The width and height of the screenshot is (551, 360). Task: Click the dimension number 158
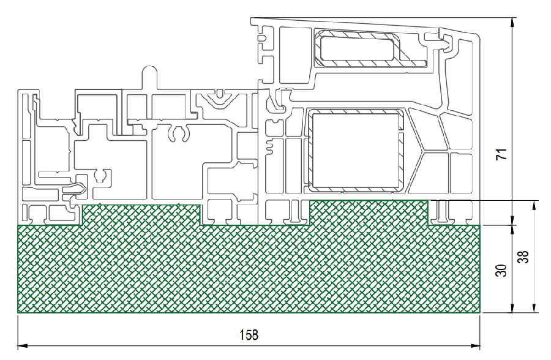pyautogui.click(x=249, y=335)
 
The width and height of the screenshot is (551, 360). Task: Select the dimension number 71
pyautogui.click(x=502, y=154)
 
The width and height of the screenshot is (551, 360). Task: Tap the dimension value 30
pyautogui.click(x=502, y=271)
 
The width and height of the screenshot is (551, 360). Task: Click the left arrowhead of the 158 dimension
pyautogui.click(x=23, y=346)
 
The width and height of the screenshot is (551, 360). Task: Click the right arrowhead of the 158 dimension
pyautogui.click(x=476, y=346)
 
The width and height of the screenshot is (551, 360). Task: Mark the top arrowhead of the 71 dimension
pyautogui.click(x=513, y=22)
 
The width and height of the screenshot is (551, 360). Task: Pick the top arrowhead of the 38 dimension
pyautogui.click(x=534, y=206)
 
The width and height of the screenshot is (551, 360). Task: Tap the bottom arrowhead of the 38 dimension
pyautogui.click(x=534, y=307)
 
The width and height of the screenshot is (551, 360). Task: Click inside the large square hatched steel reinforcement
pyautogui.click(x=356, y=151)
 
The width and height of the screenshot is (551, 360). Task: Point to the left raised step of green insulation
pyautogui.click(x=141, y=214)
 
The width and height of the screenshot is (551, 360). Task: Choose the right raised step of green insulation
pyautogui.click(x=369, y=212)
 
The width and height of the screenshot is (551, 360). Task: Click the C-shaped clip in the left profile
pyautogui.click(x=179, y=133)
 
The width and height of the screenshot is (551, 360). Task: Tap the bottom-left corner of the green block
pyautogui.click(x=18, y=312)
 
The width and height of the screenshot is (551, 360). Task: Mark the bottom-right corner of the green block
pyautogui.click(x=480, y=312)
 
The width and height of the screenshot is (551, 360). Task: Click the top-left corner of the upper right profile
pyautogui.click(x=251, y=18)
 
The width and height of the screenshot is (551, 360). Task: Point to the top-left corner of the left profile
pyautogui.click(x=18, y=90)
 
